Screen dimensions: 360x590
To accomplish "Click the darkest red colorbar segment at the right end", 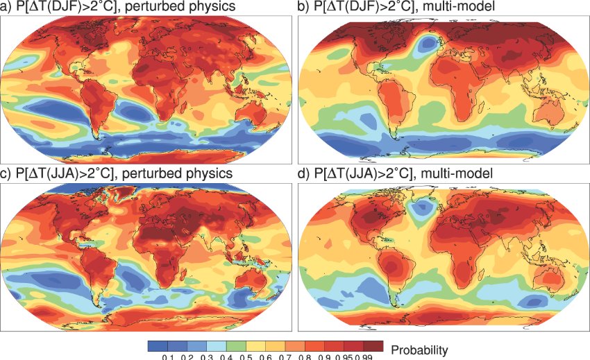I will [x=371, y=345].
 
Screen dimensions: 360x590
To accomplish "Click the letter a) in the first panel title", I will [x=6, y=6].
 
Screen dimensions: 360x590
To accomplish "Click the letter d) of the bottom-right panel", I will [x=303, y=173].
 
